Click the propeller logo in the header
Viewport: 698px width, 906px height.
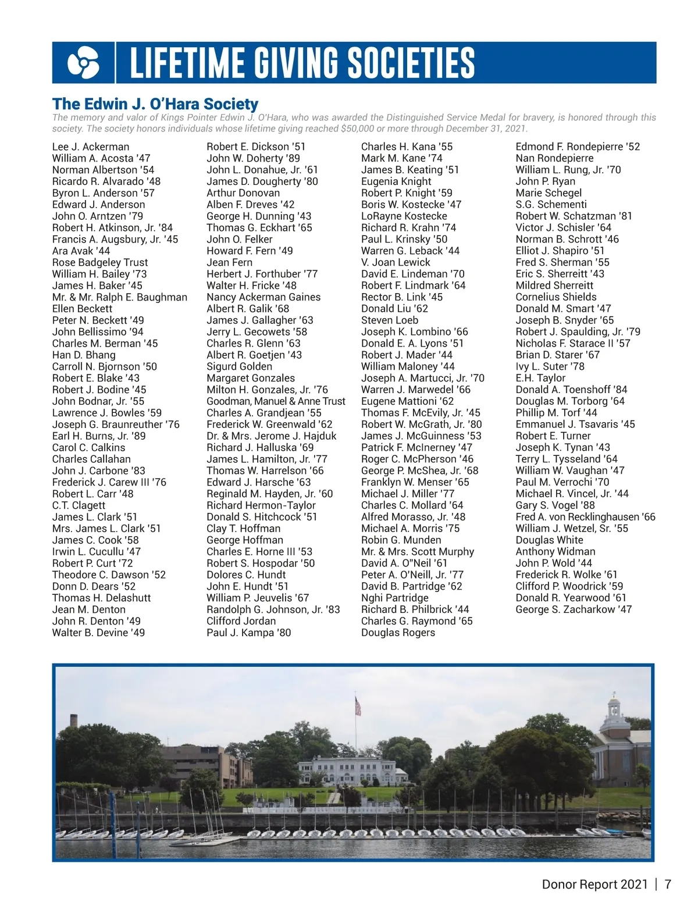83,63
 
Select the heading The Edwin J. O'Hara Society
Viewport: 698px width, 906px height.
155,104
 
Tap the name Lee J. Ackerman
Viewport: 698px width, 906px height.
91,147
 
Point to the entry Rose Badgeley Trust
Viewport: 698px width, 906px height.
100,262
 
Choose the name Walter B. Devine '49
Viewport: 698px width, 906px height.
98,633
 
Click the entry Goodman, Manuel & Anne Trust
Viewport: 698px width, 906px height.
276,401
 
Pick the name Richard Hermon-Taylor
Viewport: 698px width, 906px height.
261,505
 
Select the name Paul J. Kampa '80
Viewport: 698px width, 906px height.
248,633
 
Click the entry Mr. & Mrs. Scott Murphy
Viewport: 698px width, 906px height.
418,552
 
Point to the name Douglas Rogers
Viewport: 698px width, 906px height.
398,633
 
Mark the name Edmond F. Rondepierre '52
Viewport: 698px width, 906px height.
578,147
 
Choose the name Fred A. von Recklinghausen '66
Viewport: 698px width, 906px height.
585,517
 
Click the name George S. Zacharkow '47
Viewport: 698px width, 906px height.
574,609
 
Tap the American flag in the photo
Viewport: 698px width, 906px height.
358,706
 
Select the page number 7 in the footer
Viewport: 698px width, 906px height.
668,884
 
